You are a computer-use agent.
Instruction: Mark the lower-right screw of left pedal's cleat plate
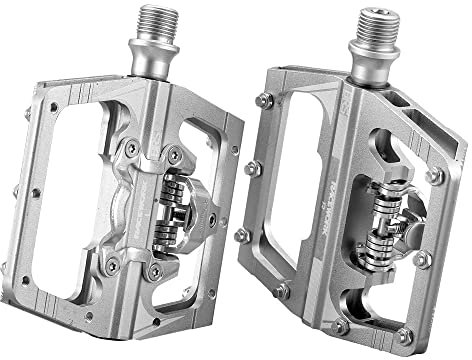click(x=152, y=271)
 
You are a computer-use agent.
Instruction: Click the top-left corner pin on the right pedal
click(x=263, y=100)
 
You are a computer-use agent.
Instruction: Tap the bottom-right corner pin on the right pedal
click(x=403, y=335)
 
